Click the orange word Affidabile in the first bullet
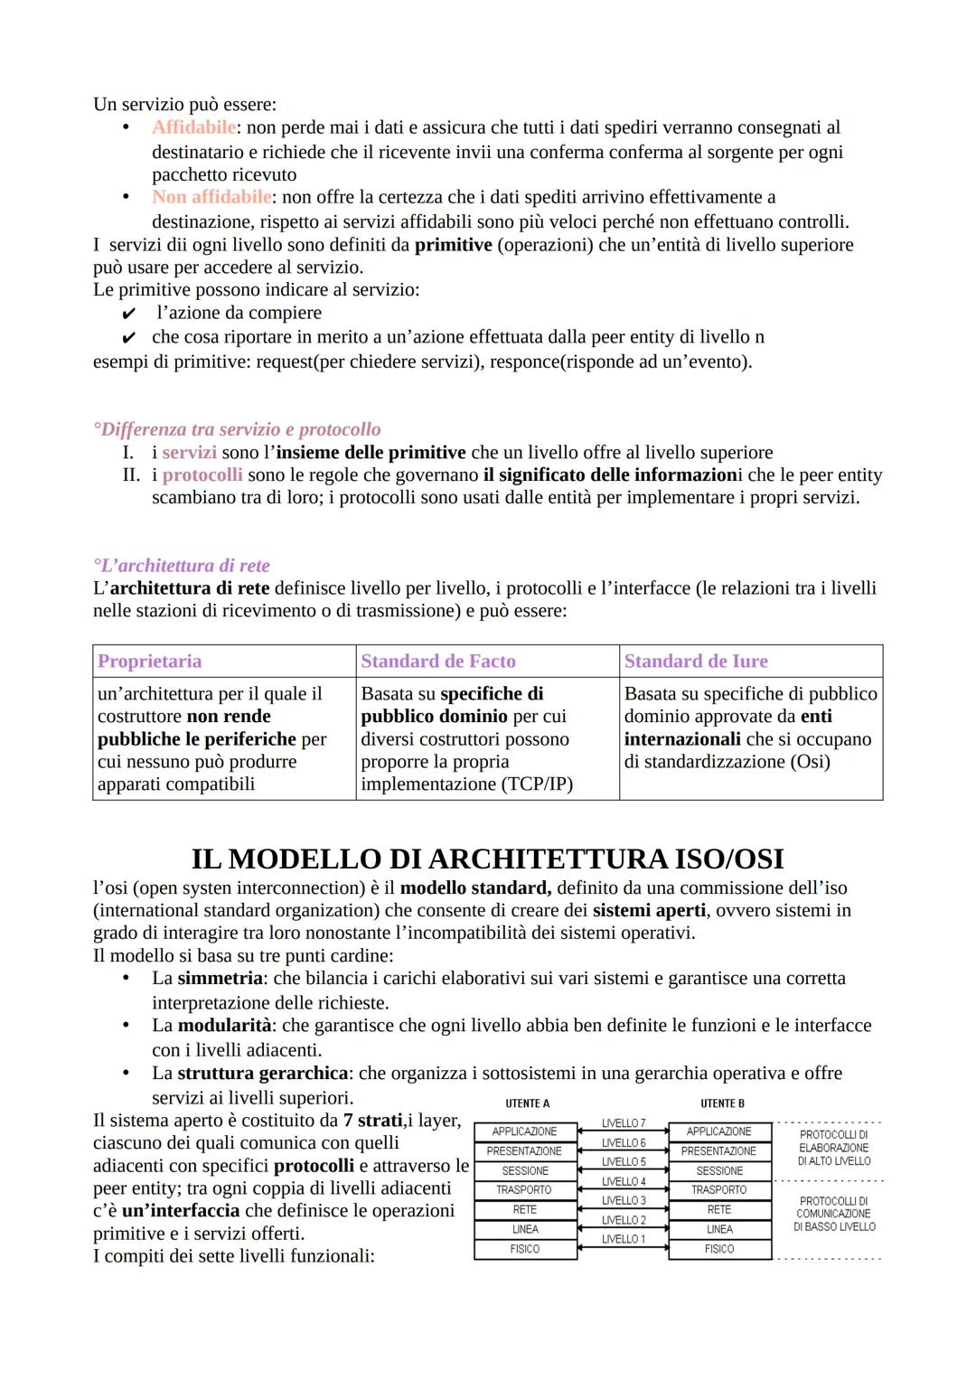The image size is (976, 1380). (193, 127)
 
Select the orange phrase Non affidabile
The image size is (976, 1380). (211, 197)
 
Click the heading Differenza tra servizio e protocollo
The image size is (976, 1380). (237, 429)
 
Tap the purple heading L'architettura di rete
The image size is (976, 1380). (182, 566)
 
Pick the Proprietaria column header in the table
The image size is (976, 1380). (150, 662)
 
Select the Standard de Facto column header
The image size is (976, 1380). (438, 662)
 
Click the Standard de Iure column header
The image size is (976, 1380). (696, 662)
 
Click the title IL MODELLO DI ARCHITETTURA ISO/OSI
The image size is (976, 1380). (487, 859)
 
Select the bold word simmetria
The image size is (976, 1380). (221, 979)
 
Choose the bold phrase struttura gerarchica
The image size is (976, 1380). (262, 1074)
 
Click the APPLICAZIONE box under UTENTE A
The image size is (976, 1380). (524, 1131)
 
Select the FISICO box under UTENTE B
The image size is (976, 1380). (719, 1249)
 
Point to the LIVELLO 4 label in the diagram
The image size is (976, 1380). (624, 1181)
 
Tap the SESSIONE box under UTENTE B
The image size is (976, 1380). (719, 1170)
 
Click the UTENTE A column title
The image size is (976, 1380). (528, 1103)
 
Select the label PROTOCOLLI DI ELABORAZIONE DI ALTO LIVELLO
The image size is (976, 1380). (834, 1148)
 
